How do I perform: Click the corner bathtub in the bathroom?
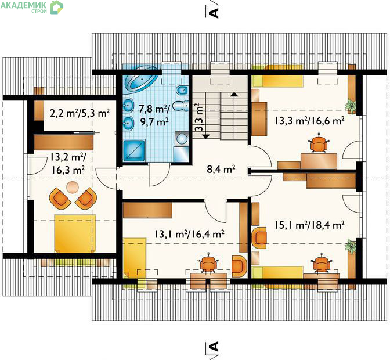pyautogui.click(x=141, y=79)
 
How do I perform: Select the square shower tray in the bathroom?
pyautogui.click(x=134, y=150)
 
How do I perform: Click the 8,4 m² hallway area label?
pyautogui.click(x=221, y=170)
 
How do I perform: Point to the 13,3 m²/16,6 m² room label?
pyautogui.click(x=309, y=121)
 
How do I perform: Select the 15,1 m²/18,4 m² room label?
pyautogui.click(x=309, y=225)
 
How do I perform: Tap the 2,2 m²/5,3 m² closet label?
pyautogui.click(x=80, y=113)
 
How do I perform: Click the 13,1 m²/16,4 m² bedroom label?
pyautogui.click(x=189, y=233)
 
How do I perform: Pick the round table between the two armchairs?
pyautogui.click(x=73, y=186)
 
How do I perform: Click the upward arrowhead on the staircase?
pyautogui.click(x=233, y=94)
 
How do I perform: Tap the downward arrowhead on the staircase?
pyautogui.click(x=206, y=136)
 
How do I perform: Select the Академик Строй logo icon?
pyautogui.click(x=56, y=7)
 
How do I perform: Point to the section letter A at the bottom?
pyautogui.click(x=214, y=346)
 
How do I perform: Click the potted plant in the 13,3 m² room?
pyautogui.click(x=351, y=105)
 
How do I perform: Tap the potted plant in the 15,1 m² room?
pyautogui.click(x=351, y=246)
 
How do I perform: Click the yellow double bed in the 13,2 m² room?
pyautogui.click(x=75, y=233)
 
